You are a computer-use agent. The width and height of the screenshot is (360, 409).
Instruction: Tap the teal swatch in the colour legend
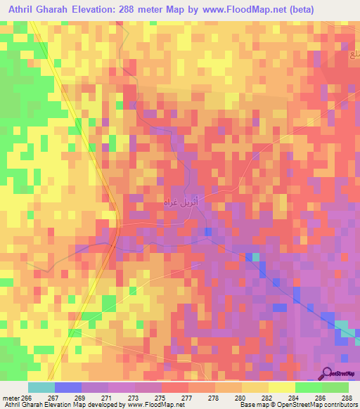41,387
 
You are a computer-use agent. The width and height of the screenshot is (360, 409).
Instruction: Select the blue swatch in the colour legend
68,387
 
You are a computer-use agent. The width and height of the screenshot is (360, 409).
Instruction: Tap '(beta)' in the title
295,9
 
